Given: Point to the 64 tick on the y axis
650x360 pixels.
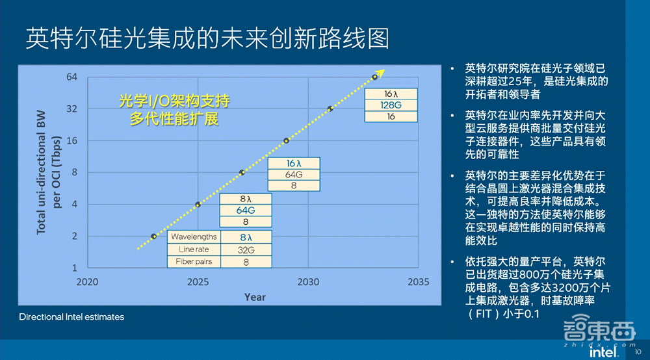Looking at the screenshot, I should coord(72,77).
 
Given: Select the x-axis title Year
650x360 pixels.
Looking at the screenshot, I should coord(255,297).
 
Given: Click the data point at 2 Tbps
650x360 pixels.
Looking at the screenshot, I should coord(153,237).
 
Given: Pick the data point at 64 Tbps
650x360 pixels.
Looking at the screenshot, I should coord(375,77).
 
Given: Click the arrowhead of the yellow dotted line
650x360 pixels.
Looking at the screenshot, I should coord(382,71).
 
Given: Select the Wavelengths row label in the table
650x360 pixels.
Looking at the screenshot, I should coord(194,237).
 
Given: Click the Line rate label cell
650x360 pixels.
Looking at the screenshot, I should coord(194,250).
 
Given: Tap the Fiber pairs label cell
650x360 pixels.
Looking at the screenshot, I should coord(194,262).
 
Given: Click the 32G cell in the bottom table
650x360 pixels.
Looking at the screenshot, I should coord(246,250).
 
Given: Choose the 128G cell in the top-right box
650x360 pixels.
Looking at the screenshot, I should coord(391,105).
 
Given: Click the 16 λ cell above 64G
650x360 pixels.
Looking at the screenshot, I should coord(294,163).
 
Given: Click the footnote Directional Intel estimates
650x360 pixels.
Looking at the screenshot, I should coord(71,317).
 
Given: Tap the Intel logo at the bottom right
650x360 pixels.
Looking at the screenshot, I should coord(603,352).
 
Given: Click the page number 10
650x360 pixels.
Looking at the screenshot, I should coord(638,353).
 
